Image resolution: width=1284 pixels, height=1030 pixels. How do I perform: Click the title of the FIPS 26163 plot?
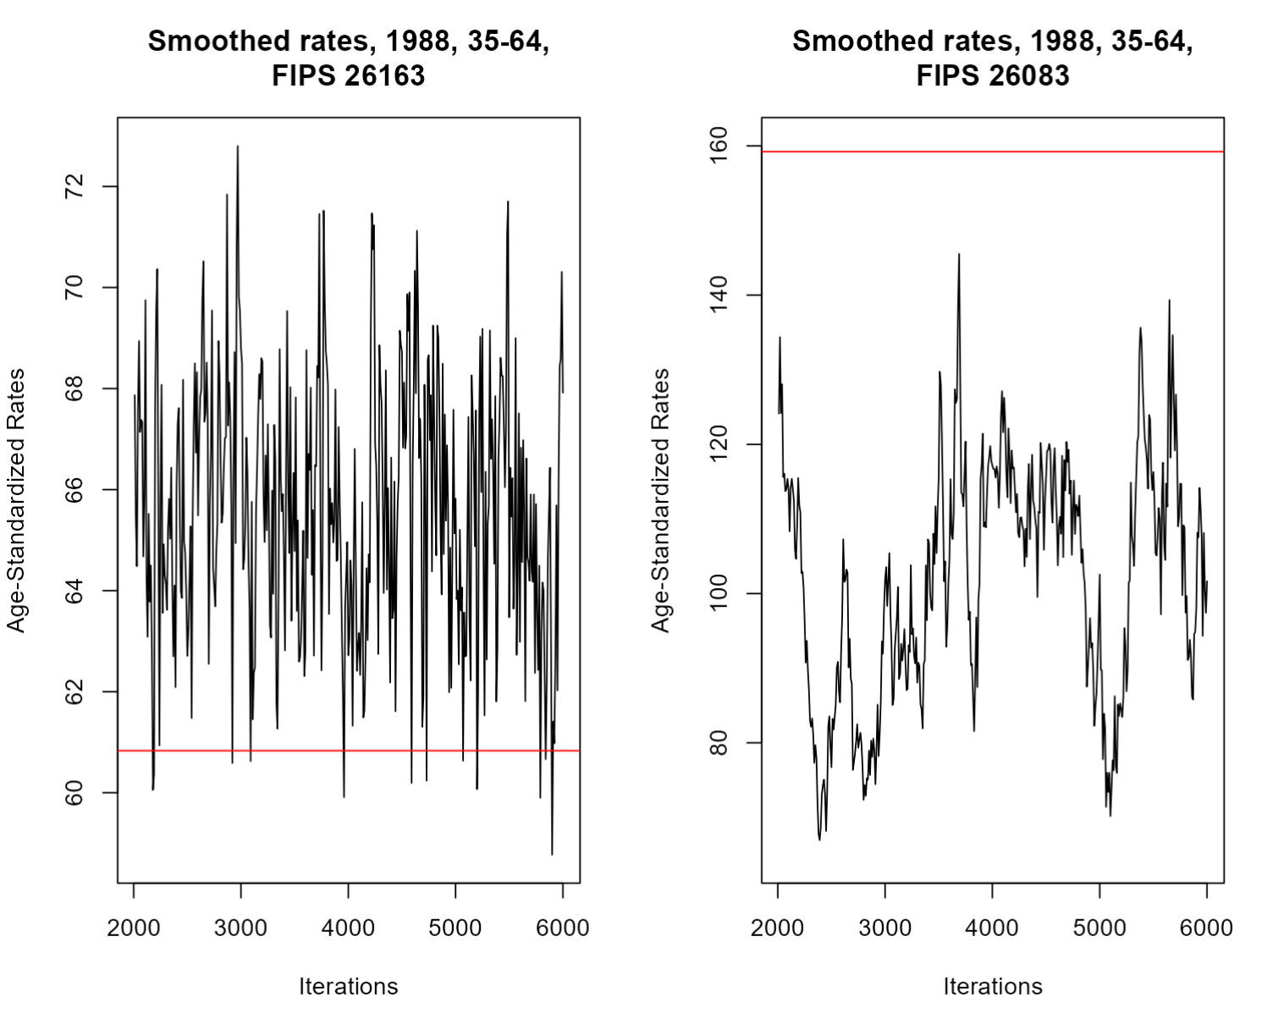click(x=348, y=58)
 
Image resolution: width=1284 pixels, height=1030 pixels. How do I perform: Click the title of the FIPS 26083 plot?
click(x=992, y=58)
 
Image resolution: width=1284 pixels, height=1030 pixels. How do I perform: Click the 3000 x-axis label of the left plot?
click(x=240, y=928)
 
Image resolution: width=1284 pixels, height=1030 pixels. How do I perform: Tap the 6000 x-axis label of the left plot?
click(x=563, y=928)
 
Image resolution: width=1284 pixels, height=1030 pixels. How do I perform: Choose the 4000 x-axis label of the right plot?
click(x=992, y=928)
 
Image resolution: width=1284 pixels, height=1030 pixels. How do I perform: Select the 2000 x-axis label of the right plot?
click(x=777, y=928)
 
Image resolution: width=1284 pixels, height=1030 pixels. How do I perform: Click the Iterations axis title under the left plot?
click(x=348, y=986)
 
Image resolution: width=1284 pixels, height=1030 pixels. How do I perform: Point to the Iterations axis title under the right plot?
click(x=992, y=986)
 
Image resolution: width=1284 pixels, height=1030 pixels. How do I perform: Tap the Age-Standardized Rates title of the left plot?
click(x=17, y=499)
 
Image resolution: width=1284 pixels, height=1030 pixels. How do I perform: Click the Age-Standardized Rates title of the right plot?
click(x=661, y=499)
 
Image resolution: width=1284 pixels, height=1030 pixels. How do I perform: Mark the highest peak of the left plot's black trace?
click(x=238, y=146)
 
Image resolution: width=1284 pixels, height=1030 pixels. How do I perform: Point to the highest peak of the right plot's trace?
click(x=959, y=254)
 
